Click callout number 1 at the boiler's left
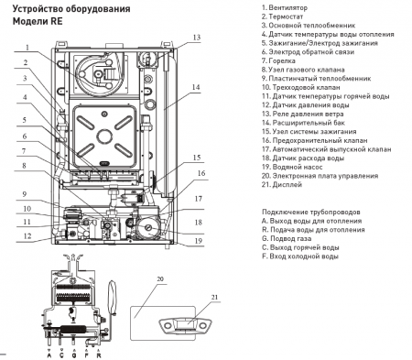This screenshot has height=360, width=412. [x=28, y=47]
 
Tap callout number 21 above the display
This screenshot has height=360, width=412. [x=217, y=298]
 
